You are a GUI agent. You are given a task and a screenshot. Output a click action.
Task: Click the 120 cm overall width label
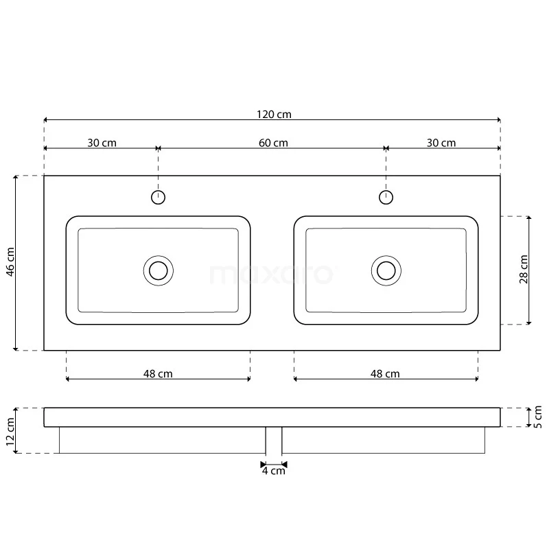coord(272,114)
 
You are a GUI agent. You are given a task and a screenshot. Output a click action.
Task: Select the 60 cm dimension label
coord(272,143)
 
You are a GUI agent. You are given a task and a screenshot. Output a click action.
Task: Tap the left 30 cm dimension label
coord(102,143)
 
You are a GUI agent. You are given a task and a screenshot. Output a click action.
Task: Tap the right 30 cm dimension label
coord(441,143)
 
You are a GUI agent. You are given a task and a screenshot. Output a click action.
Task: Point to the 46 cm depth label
coord(10,262)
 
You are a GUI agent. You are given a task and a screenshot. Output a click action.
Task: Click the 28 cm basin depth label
coord(524,270)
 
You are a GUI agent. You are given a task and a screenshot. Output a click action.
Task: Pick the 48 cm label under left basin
coord(158,374)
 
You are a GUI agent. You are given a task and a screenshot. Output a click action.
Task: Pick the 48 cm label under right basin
coord(385,374)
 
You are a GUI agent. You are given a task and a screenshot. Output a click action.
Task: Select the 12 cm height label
coord(10,431)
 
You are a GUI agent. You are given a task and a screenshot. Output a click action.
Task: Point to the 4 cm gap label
coord(273,471)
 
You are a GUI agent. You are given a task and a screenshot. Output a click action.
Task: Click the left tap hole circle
coord(158,198)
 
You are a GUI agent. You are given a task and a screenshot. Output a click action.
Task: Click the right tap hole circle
coord(386,198)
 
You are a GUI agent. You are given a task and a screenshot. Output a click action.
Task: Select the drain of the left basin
coord(159,270)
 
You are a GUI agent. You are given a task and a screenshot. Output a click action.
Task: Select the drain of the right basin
coord(386,270)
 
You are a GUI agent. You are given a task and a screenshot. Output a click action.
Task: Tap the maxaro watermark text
coord(272,274)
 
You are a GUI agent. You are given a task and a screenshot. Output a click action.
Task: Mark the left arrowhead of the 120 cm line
coord(47,119)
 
